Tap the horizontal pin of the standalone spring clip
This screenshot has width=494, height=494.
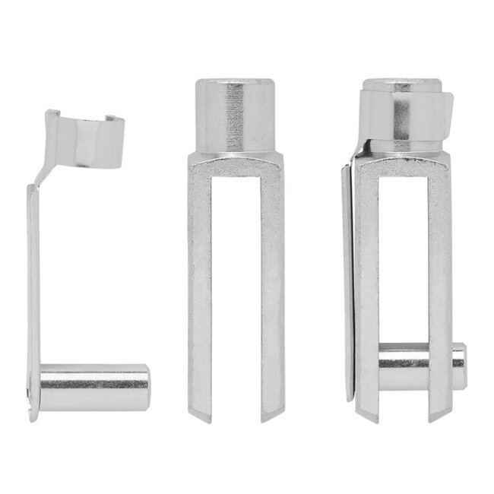pyautogui.click(x=94, y=387)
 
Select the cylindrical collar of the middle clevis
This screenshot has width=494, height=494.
pyautogui.click(x=236, y=114)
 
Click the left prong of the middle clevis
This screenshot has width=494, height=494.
pyautogui.click(x=200, y=289)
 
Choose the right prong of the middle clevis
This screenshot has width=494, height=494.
pyautogui.click(x=272, y=289)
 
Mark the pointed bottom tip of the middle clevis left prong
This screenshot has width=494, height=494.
pyautogui.click(x=203, y=416)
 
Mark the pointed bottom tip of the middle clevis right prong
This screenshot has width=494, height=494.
pyautogui.click(x=271, y=416)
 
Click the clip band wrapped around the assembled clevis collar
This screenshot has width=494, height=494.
pyautogui.click(x=407, y=114)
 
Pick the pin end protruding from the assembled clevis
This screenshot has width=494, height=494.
pyautogui.click(x=458, y=367)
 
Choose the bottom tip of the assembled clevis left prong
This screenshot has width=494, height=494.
pyautogui.click(x=369, y=416)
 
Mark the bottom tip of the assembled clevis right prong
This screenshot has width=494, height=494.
pyautogui.click(x=439, y=416)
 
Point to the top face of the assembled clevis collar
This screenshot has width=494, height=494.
pyautogui.click(x=401, y=83)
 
